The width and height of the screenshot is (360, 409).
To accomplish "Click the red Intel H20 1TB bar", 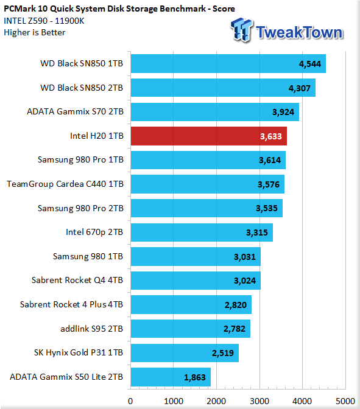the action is click(x=209, y=136).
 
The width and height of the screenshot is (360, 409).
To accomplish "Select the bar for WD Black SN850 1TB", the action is click(x=228, y=64).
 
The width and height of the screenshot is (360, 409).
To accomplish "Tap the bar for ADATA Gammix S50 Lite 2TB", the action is click(x=171, y=377).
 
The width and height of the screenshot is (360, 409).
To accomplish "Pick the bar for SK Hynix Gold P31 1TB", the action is click(x=185, y=353).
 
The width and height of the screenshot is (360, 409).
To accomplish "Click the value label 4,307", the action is click(x=300, y=88).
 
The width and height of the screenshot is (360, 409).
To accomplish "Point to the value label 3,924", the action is click(x=283, y=112).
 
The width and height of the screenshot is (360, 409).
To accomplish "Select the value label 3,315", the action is click(x=257, y=232).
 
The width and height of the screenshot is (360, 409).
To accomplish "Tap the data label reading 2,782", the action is click(x=235, y=329).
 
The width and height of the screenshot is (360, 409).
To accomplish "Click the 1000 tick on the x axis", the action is click(x=174, y=401).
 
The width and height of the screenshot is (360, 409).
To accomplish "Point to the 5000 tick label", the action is click(x=345, y=401).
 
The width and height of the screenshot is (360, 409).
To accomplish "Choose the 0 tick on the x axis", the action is click(x=130, y=401).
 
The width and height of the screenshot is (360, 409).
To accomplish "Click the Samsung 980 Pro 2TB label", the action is click(x=80, y=208).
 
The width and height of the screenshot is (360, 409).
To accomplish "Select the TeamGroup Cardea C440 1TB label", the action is click(x=65, y=184).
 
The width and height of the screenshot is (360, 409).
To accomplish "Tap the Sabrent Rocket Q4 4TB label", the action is click(x=77, y=280).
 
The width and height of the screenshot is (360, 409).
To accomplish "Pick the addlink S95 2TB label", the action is click(x=91, y=329).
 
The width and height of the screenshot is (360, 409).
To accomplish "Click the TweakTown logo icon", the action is click(x=241, y=29).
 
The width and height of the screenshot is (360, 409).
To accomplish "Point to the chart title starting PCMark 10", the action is click(x=119, y=9).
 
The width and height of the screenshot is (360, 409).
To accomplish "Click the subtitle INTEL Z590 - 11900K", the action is click(x=44, y=21).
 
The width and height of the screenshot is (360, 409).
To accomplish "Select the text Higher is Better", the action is click(x=35, y=33).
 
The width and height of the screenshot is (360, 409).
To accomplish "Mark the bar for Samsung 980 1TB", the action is click(x=196, y=257).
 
